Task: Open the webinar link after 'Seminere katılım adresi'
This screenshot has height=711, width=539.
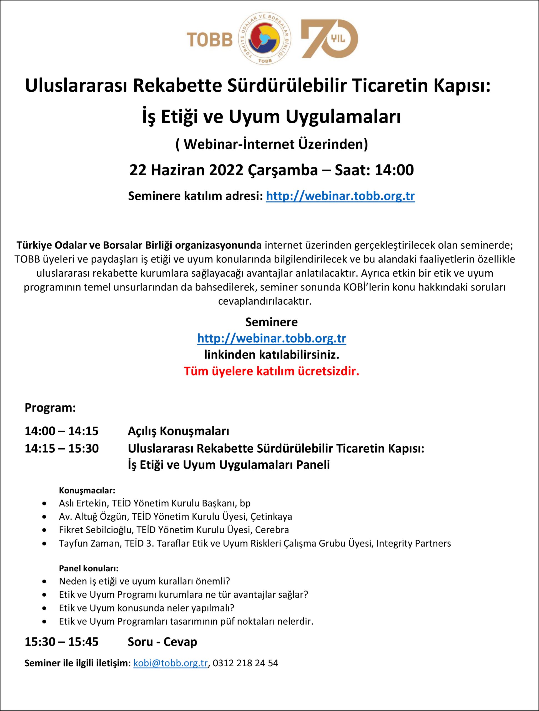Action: click(x=340, y=196)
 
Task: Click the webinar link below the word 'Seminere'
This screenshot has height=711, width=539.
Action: click(x=272, y=338)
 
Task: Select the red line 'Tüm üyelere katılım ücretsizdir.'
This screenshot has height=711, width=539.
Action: click(x=272, y=371)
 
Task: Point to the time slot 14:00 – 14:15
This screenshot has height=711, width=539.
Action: click(x=62, y=431)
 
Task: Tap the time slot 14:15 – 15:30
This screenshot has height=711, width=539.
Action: click(x=62, y=448)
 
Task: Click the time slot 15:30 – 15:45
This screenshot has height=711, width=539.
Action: click(x=62, y=642)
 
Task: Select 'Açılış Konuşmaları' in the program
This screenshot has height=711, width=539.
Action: click(x=178, y=431)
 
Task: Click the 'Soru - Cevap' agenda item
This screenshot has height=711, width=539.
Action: click(x=162, y=642)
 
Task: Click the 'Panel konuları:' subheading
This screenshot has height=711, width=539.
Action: click(x=89, y=568)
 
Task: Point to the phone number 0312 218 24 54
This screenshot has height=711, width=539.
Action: click(x=245, y=663)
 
